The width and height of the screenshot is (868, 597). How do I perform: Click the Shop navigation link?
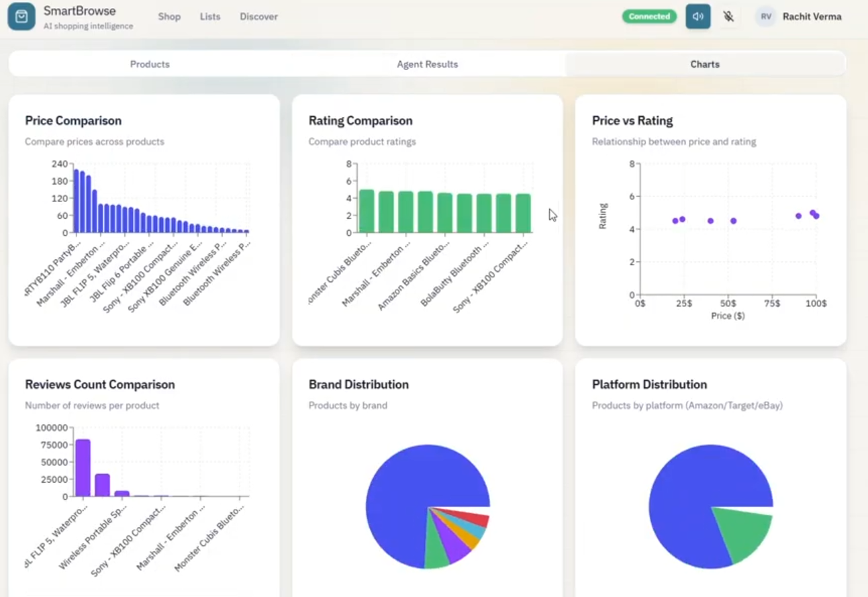point(169,17)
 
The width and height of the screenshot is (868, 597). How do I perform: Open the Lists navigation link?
point(210,17)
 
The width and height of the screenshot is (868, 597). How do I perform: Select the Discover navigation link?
point(258,17)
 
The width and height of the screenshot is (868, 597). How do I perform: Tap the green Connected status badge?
point(649,17)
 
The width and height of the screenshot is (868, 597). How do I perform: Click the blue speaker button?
point(697,17)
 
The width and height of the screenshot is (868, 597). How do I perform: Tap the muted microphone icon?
point(728,17)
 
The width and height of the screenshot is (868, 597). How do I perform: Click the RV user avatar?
point(765,17)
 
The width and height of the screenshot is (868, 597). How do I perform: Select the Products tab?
point(150,64)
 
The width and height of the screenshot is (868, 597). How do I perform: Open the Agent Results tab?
point(427,64)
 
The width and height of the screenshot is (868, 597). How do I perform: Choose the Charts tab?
point(705,64)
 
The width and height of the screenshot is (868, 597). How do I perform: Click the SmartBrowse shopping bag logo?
point(21,17)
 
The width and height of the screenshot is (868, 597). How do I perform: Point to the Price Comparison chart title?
point(73,121)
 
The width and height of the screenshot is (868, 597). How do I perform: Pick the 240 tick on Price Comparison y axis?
point(60,164)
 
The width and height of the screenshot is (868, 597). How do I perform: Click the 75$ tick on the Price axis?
point(772,304)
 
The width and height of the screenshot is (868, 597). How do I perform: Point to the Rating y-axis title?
point(603,216)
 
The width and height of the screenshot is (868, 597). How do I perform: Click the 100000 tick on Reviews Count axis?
point(51,428)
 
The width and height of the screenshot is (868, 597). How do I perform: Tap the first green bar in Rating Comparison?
point(367,211)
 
